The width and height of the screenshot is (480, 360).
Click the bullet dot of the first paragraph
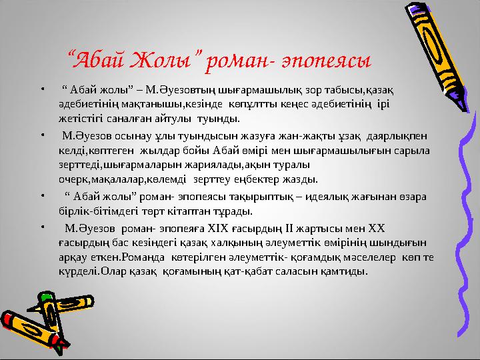[x=42, y=87]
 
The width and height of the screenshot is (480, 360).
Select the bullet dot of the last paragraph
[x=42, y=228]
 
